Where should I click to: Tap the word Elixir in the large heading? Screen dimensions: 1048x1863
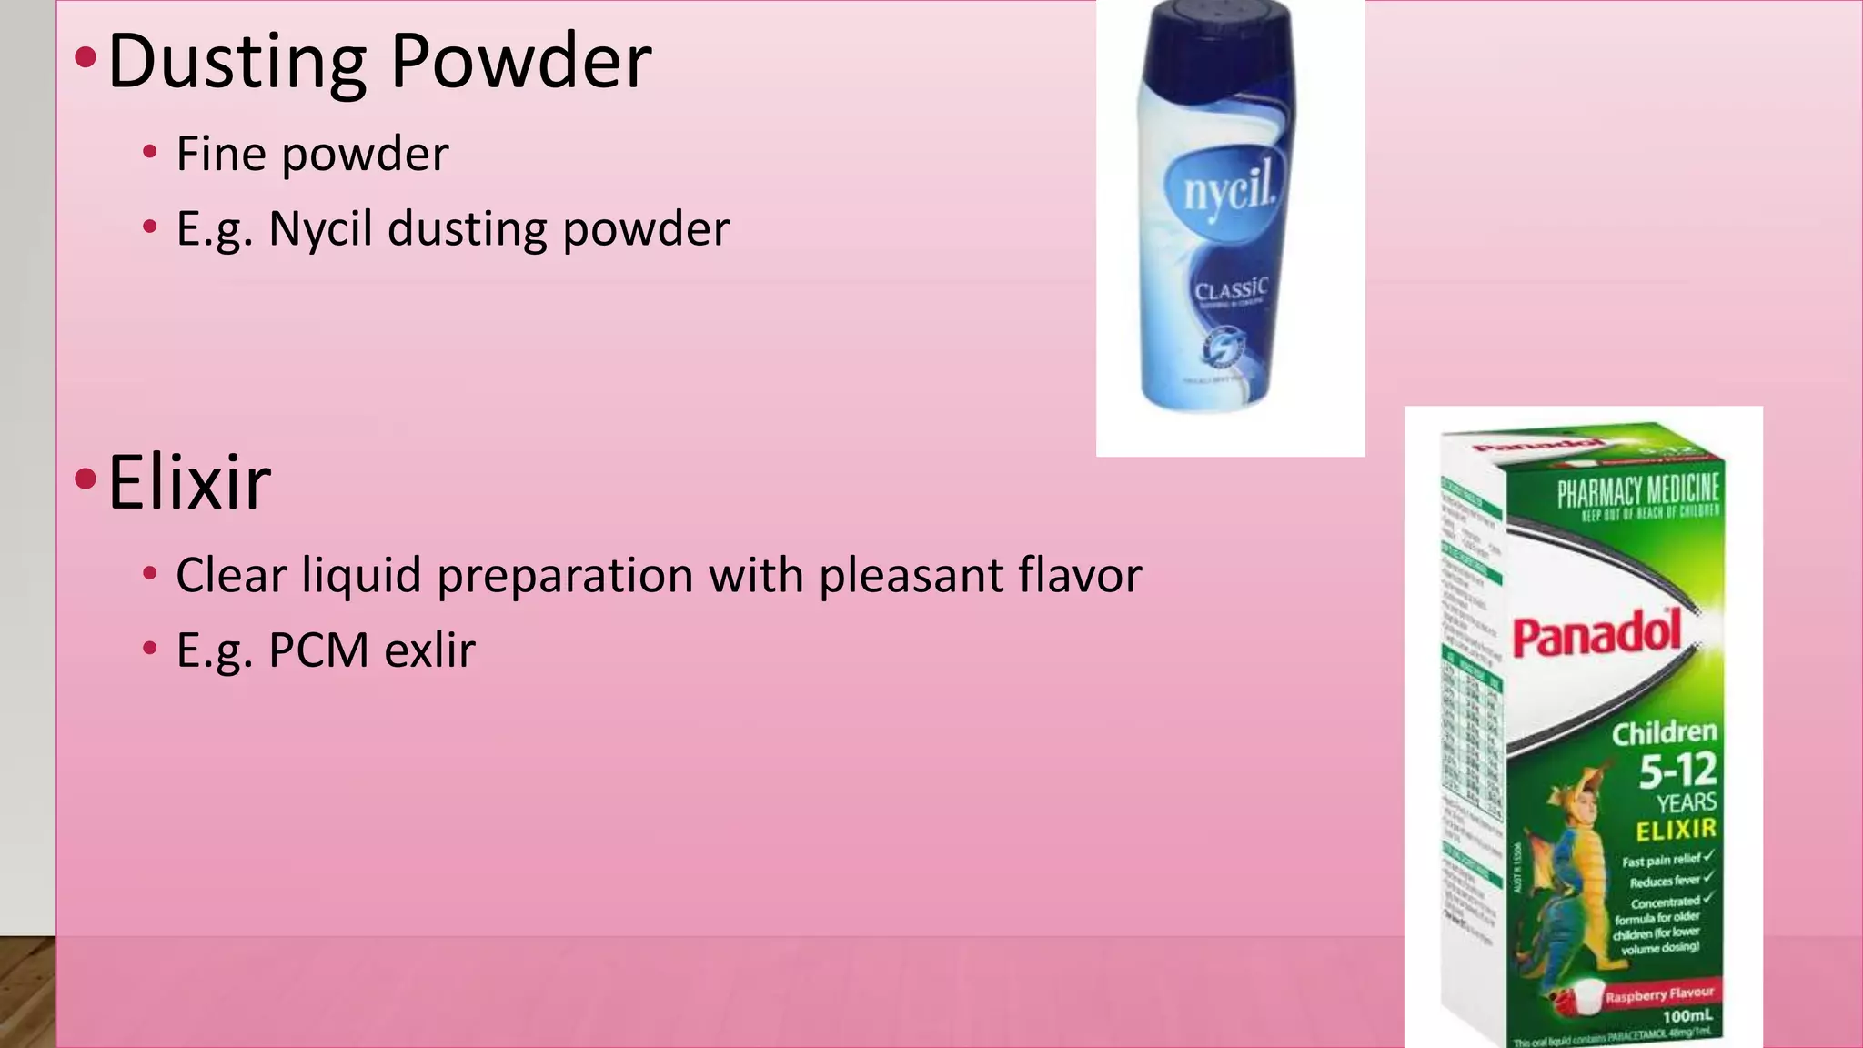pyautogui.click(x=189, y=482)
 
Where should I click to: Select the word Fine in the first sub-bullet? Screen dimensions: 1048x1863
pyautogui.click(x=221, y=153)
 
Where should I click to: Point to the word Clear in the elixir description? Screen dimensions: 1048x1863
pyautogui.click(x=231, y=575)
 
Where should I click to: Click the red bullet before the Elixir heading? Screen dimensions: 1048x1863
pyautogui.click(x=86, y=479)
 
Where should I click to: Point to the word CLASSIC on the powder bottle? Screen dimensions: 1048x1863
pyautogui.click(x=1230, y=289)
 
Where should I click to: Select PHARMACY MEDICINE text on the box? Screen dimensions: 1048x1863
pyautogui.click(x=1637, y=491)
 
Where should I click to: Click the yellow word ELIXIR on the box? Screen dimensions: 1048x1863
pyautogui.click(x=1676, y=830)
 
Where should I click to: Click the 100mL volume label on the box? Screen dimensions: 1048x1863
pyautogui.click(x=1687, y=1015)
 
